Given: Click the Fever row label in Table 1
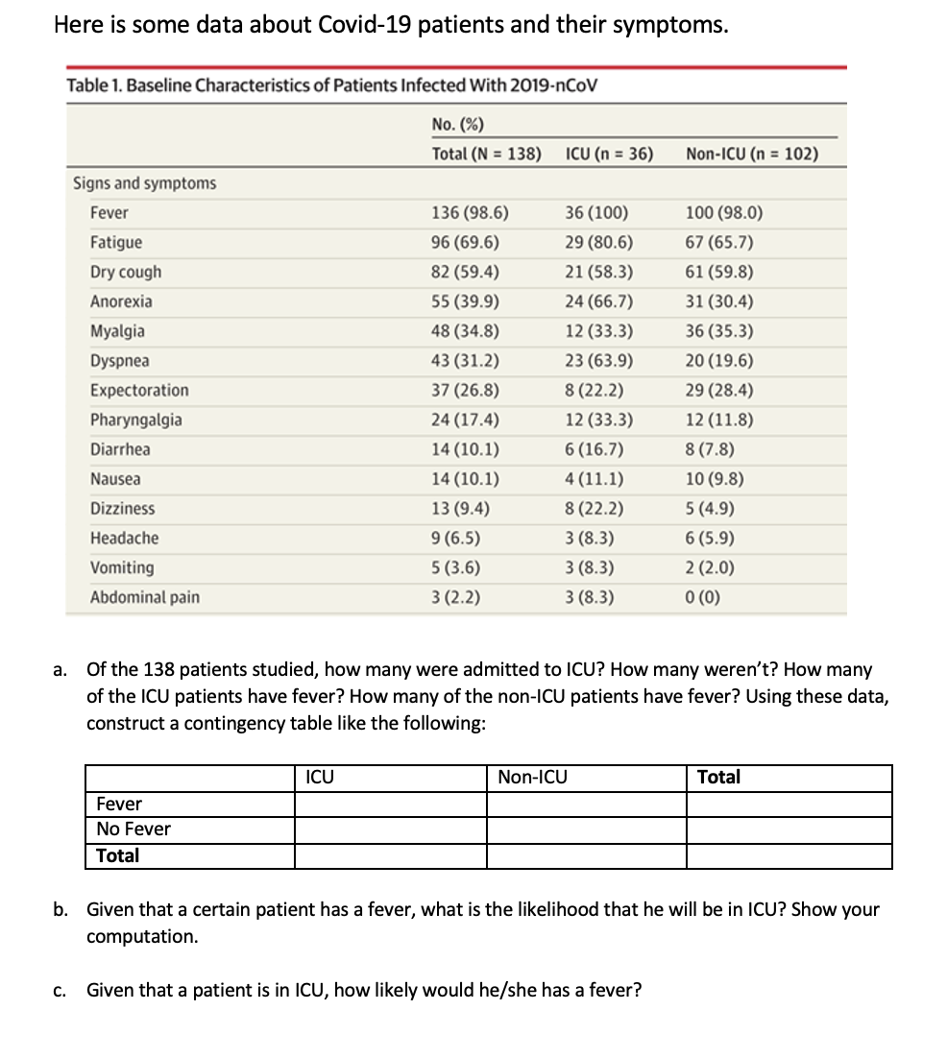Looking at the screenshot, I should pyautogui.click(x=109, y=213).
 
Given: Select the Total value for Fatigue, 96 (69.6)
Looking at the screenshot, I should pyautogui.click(x=465, y=243).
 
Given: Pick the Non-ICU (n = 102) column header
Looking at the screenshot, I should pyautogui.click(x=753, y=154).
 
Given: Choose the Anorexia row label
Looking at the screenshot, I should pyautogui.click(x=121, y=301).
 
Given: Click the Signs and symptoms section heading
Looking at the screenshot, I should pyautogui.click(x=145, y=183).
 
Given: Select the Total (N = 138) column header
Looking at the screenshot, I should pyautogui.click(x=486, y=154).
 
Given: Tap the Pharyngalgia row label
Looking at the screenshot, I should pyautogui.click(x=135, y=421).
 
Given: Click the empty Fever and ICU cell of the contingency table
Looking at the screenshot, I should pyautogui.click(x=390, y=805).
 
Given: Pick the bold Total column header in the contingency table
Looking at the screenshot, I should pyautogui.click(x=718, y=778).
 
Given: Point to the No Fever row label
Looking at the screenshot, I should pyautogui.click(x=134, y=830).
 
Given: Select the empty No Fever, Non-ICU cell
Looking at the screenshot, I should pyautogui.click(x=586, y=830).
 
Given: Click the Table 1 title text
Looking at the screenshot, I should pyautogui.click(x=332, y=85).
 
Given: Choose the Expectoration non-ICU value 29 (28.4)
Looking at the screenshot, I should pyautogui.click(x=719, y=391).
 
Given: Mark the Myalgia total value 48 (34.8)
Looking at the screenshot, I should pyautogui.click(x=465, y=331).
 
